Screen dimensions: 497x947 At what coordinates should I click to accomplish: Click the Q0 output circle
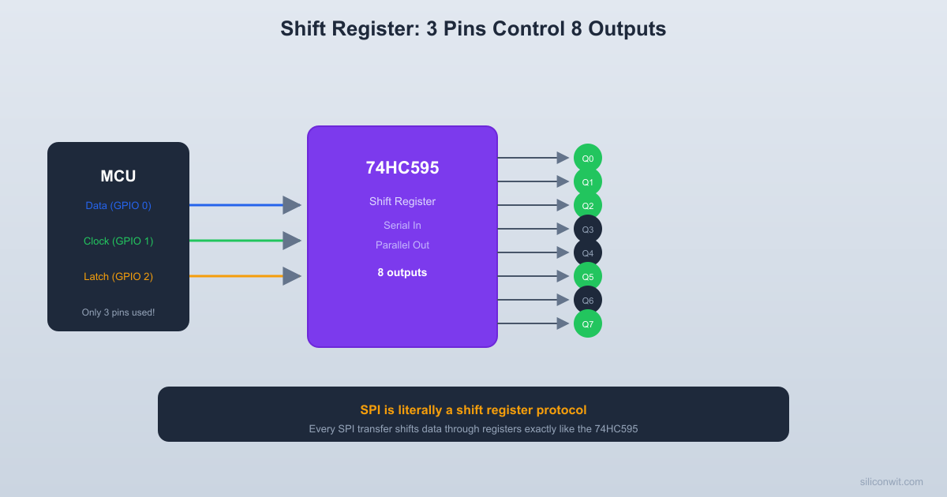588,158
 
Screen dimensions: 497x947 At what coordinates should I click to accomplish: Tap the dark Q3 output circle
588,229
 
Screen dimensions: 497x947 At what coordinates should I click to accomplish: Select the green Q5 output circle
588,276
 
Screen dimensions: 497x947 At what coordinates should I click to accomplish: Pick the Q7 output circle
588,323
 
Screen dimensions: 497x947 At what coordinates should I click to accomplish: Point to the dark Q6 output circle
588,300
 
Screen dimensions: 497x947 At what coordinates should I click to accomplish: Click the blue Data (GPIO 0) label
118,205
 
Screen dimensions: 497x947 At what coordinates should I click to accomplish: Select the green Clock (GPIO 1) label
118,241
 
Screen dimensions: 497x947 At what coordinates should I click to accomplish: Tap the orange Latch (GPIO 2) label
118,276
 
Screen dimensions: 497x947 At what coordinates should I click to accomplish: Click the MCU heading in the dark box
118,177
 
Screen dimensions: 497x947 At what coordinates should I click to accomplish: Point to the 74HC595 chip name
402,168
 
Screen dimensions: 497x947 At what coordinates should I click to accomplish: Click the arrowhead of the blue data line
292,205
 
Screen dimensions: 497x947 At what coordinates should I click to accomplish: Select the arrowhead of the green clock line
292,241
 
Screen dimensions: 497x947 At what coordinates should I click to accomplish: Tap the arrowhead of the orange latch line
292,276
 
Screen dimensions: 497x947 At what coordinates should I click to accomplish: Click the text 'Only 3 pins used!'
118,312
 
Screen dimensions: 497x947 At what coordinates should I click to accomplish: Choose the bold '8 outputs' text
402,272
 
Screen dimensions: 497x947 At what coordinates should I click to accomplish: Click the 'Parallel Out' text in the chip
402,245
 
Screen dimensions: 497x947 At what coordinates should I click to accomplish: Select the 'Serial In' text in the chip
402,225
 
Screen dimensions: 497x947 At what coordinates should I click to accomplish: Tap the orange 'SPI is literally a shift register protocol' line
473,409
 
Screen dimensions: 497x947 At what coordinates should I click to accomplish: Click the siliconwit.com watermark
891,481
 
